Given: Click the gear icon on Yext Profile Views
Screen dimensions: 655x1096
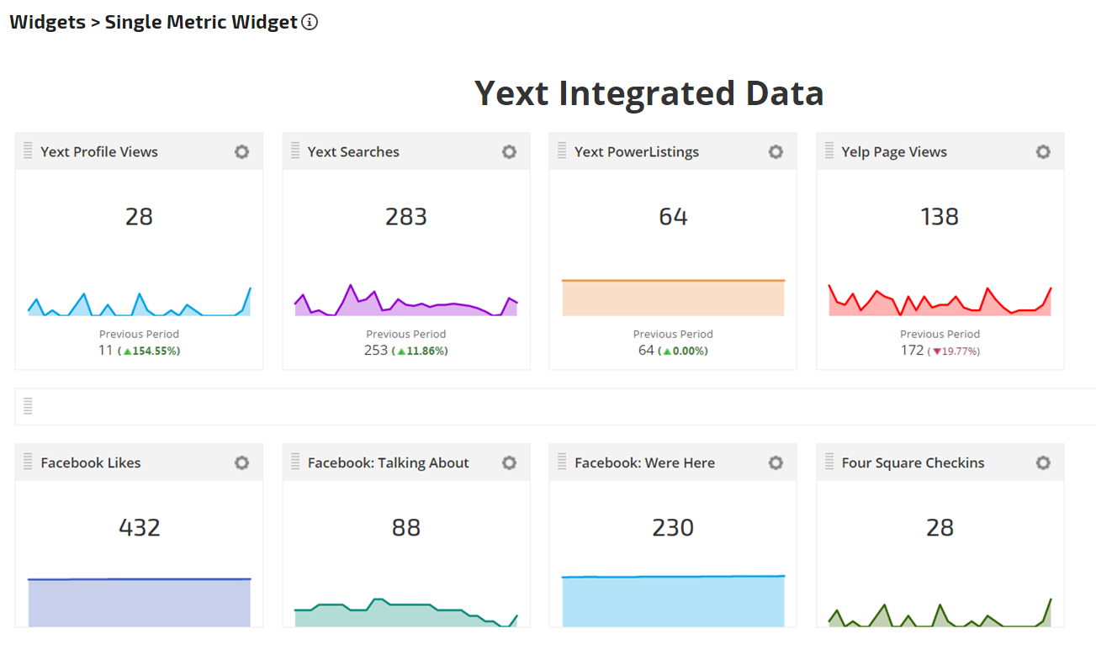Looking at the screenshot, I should [242, 152].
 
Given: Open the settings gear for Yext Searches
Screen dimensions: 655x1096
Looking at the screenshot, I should [509, 152].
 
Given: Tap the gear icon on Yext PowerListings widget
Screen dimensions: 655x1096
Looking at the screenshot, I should [776, 152].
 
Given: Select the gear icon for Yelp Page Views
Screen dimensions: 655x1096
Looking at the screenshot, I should [1043, 152].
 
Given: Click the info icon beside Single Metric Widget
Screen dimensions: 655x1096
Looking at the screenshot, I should [310, 23].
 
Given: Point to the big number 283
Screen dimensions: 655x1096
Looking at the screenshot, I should [406, 217].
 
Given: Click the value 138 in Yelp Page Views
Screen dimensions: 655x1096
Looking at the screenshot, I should [940, 217].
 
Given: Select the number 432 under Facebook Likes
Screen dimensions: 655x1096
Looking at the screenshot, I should [140, 528].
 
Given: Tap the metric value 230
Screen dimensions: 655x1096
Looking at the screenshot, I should [673, 528].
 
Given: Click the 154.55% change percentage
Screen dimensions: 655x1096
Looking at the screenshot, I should [152, 351].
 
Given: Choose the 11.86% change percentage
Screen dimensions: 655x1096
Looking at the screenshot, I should [420, 351].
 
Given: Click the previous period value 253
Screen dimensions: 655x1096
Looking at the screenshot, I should [376, 350].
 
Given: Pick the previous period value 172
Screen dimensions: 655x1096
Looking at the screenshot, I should [912, 350].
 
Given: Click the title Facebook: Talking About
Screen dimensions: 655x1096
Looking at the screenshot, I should [389, 463].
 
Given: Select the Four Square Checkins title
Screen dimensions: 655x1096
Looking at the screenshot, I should [913, 463].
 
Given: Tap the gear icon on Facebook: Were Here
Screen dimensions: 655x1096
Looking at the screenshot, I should [776, 463].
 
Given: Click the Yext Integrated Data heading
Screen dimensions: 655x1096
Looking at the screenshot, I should [649, 93].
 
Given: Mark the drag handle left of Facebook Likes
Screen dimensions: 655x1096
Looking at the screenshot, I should [28, 462].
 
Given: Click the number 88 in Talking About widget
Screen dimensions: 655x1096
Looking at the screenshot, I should [406, 528].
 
